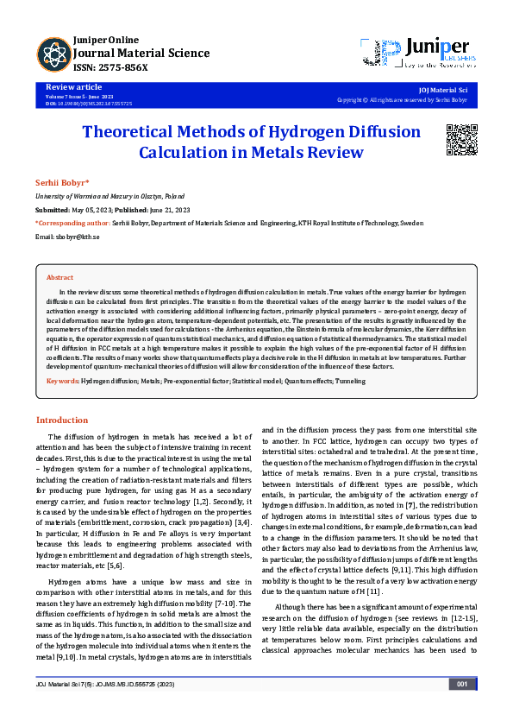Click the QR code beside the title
point(461,139)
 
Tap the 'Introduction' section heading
point(61,420)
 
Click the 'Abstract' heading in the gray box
point(59,277)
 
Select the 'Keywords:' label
point(63,380)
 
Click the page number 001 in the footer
point(461,708)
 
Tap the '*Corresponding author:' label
point(72,223)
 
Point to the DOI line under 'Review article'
point(89,103)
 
